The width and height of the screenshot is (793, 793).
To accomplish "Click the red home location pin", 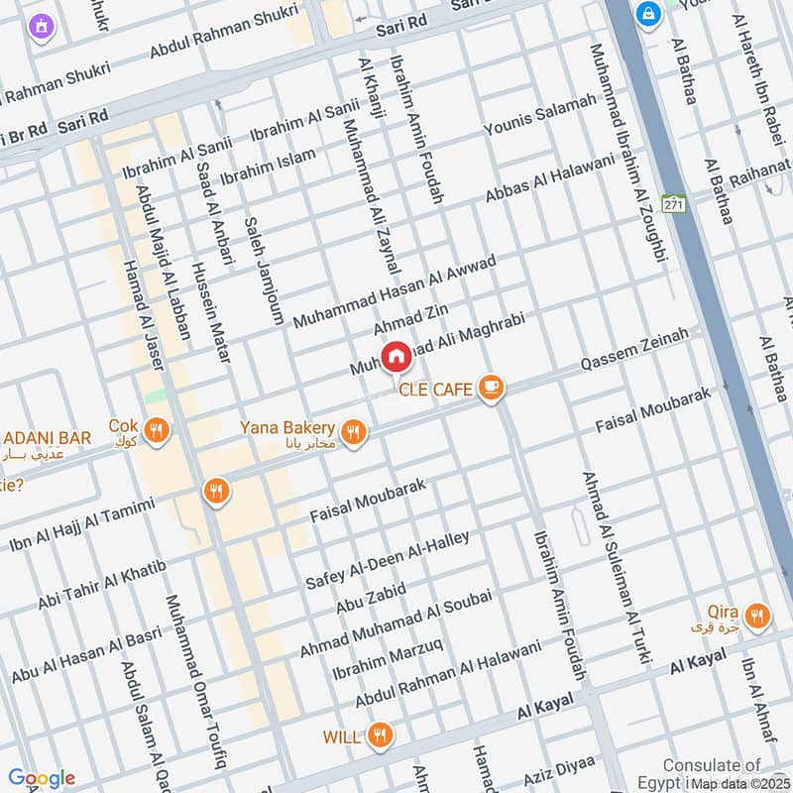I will [396, 356].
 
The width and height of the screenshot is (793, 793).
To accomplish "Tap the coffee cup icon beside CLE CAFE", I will [490, 388].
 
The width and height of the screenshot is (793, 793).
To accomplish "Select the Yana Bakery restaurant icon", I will [352, 431].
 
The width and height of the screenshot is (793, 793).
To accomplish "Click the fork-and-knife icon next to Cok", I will [156, 430].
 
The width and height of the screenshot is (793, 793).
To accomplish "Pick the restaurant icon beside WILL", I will [379, 736].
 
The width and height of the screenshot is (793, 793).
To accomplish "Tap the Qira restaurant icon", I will [757, 617].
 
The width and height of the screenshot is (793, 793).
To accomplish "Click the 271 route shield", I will [675, 204].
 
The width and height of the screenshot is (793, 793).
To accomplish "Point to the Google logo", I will [41, 778].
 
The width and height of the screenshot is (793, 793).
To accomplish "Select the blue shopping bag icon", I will [649, 16].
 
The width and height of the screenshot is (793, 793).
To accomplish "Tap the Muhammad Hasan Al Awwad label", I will [394, 288].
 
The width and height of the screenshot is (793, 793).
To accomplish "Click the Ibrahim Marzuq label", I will [388, 659].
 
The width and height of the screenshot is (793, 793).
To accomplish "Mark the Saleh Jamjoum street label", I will [264, 271].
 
